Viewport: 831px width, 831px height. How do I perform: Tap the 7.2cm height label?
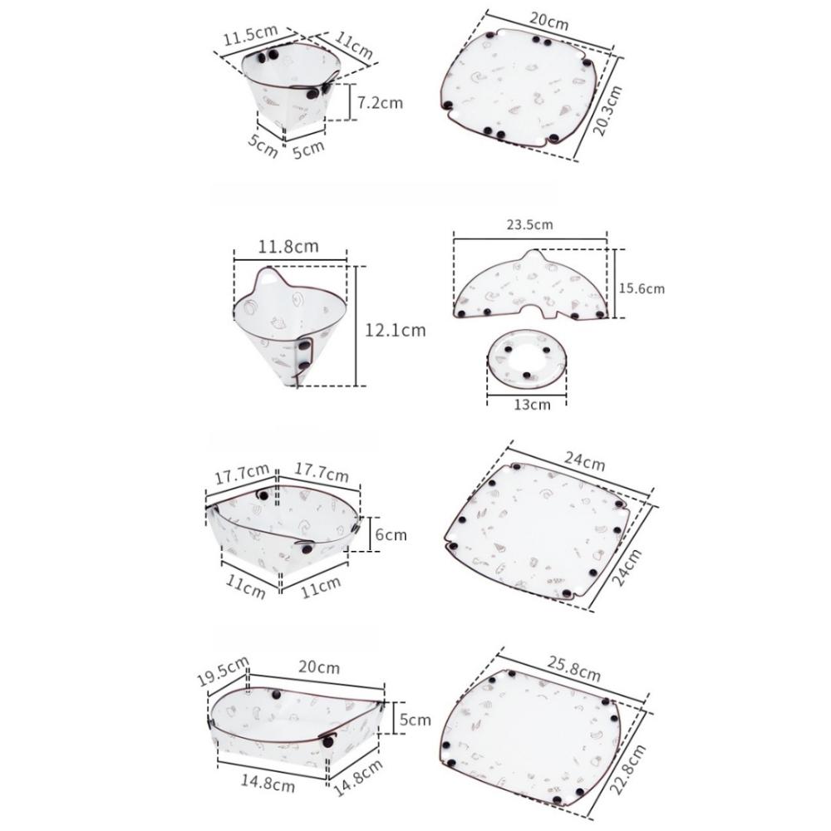380,103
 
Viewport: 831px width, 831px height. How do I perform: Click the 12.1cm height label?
395,330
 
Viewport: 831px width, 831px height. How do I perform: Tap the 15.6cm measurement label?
642,288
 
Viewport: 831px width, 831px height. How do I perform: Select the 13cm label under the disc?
529,405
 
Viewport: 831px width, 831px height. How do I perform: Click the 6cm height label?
391,534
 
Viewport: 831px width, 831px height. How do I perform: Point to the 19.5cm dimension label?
223,671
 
